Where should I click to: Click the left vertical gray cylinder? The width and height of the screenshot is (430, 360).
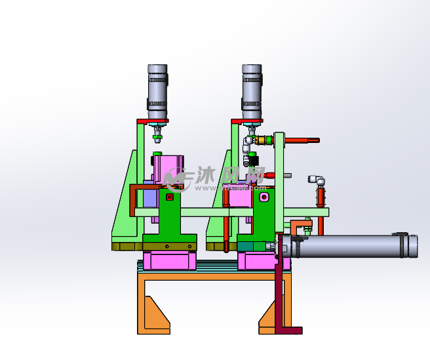157,92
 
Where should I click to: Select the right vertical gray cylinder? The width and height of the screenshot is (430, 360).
252,92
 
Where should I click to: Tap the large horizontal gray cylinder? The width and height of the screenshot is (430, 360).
349,246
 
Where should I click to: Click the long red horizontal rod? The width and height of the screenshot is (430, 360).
302,140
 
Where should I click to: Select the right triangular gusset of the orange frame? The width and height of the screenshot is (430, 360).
267,315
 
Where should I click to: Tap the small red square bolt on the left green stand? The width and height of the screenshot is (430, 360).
170,197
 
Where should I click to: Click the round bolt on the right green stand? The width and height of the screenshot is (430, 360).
264,197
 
